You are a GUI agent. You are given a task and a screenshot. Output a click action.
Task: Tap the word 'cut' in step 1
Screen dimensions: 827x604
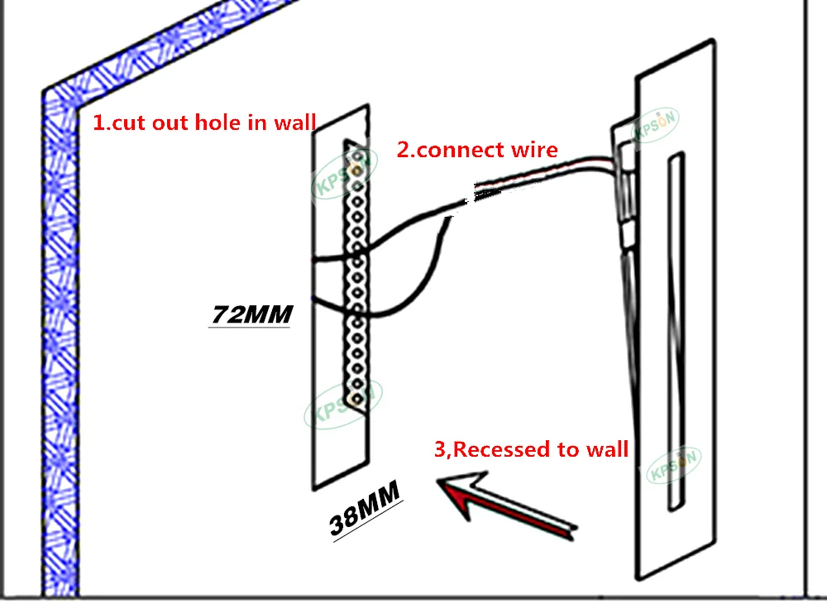point(127,123)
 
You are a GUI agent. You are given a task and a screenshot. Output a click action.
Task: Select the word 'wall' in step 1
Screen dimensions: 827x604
point(295,123)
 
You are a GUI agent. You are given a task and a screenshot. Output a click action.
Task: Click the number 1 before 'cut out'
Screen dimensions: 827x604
point(96,123)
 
